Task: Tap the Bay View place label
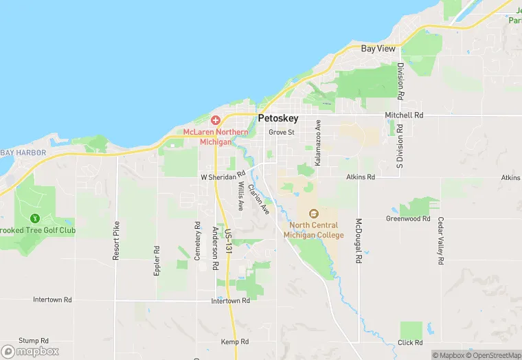coord(378,49)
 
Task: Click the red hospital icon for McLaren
coord(215,120)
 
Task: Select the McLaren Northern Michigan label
coord(215,135)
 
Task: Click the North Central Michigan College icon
coord(314,214)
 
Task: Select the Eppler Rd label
coord(157,261)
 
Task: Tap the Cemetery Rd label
coord(198,240)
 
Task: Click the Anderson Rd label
coord(215,244)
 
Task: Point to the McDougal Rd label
coord(359,241)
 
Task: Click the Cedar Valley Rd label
coord(440,242)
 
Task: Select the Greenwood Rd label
coord(407,219)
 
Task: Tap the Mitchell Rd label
coord(404,115)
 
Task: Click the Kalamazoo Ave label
coord(318,144)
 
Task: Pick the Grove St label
coord(282,132)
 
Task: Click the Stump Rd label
coord(34,341)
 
